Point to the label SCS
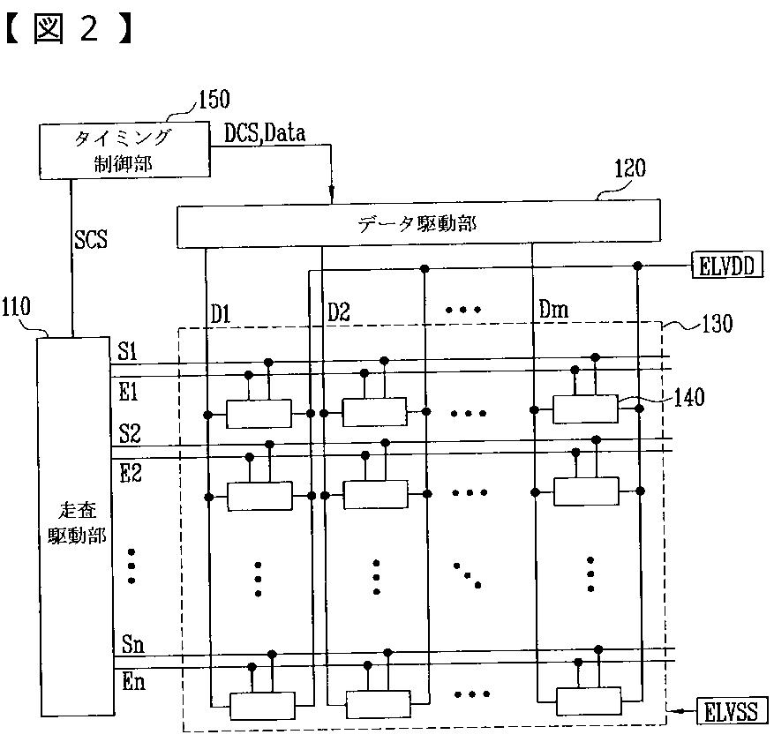(x=91, y=239)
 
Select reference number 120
(x=629, y=169)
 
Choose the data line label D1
(x=222, y=311)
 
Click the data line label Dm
(x=552, y=311)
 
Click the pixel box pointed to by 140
(x=585, y=408)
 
